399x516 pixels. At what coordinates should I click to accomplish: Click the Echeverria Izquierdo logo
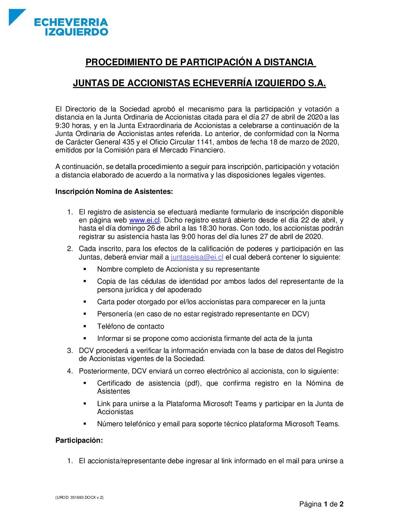[x=59, y=23]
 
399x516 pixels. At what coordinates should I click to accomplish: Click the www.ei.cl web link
[x=144, y=220]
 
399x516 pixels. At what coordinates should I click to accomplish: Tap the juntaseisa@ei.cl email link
[x=197, y=257]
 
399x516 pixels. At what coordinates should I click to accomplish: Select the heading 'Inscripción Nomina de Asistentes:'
[x=114, y=192]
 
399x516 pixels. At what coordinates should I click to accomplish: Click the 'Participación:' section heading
[x=79, y=441]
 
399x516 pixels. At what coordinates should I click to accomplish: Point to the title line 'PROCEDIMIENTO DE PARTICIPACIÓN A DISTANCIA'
[x=200, y=62]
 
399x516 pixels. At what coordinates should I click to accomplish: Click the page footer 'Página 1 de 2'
[x=321, y=504]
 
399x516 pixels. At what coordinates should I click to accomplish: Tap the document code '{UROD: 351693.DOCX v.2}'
[x=80, y=497]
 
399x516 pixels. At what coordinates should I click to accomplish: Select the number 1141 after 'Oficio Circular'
[x=204, y=142]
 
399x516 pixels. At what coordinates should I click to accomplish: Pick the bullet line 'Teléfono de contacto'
[x=131, y=327]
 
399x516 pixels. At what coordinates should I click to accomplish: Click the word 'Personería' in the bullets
[x=114, y=314]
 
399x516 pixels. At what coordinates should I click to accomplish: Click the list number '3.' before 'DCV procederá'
[x=70, y=351]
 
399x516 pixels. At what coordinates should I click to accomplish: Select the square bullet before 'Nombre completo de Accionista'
[x=85, y=269]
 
